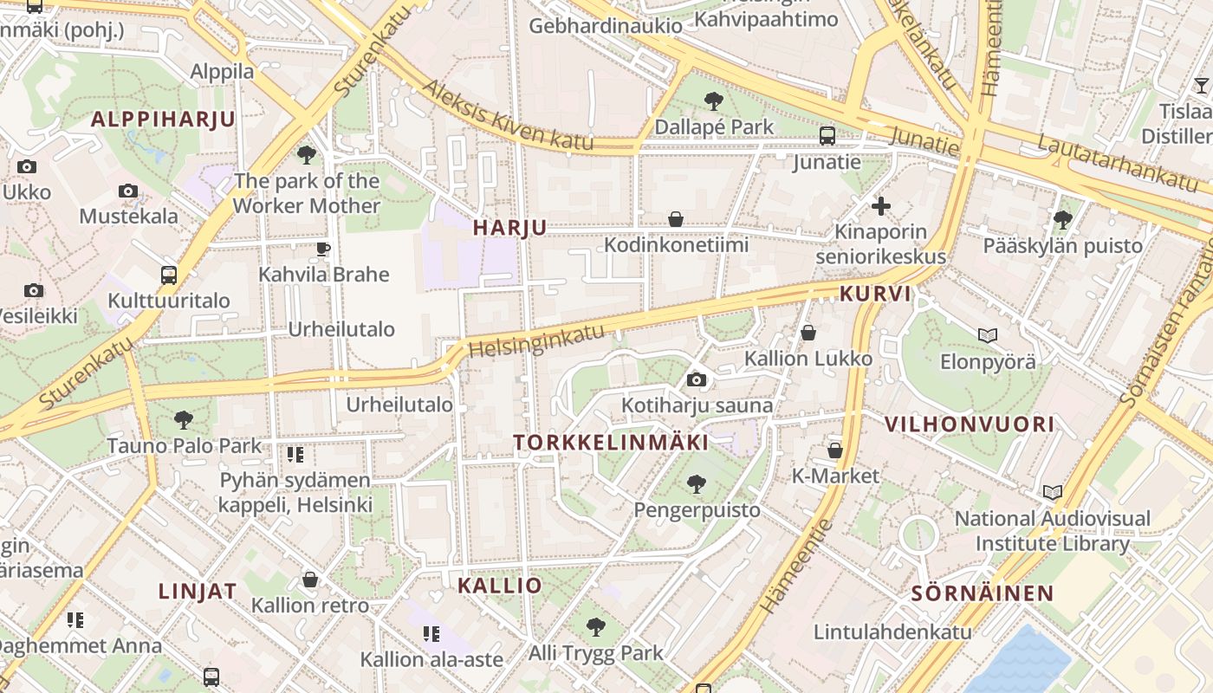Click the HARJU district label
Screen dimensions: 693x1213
coord(509,228)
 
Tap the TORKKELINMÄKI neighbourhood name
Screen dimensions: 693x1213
coord(610,443)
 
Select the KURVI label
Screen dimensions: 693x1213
coord(875,294)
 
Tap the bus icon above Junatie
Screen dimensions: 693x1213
coord(827,136)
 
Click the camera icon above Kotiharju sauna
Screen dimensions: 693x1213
coord(696,379)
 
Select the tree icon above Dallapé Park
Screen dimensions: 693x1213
coord(714,101)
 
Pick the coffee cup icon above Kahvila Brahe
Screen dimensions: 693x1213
coord(323,249)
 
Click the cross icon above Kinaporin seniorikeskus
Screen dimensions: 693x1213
coord(881,206)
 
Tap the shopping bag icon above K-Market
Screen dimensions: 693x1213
coord(835,450)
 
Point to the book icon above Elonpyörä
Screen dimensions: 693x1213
coord(987,335)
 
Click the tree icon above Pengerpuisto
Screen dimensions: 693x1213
coord(696,484)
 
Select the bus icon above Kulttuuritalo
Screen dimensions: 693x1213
coord(169,275)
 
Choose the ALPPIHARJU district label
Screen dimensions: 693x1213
coord(163,120)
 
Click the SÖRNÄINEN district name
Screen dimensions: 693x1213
coord(982,594)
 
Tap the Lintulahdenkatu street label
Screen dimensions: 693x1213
coord(892,631)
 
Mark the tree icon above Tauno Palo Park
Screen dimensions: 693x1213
coord(183,420)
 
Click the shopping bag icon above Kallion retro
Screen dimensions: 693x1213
coord(310,580)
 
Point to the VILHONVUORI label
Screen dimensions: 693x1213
coord(969,424)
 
